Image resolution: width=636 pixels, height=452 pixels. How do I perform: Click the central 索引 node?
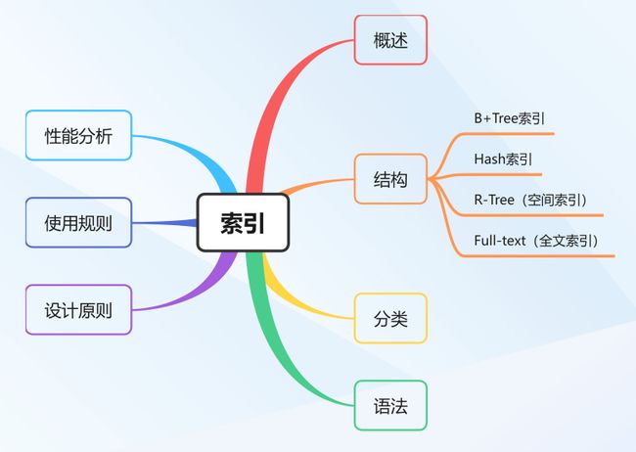coord(243,222)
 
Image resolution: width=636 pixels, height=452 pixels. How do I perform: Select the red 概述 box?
coord(390,40)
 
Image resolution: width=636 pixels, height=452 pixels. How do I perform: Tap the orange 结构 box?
coord(390,179)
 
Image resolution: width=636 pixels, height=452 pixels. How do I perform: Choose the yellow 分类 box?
coord(390,318)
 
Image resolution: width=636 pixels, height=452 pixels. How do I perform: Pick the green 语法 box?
coord(390,405)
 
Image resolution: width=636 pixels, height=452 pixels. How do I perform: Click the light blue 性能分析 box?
coord(78,135)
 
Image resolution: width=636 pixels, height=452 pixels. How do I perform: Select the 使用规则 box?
coord(78,222)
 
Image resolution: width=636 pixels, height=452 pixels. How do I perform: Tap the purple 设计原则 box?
coord(78,310)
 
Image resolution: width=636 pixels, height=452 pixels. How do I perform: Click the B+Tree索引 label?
coord(509,118)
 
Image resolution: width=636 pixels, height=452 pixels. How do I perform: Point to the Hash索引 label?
coord(503,159)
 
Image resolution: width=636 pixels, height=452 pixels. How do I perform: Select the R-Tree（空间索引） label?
coord(530,200)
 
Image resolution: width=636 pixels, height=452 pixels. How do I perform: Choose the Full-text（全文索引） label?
coord(536,241)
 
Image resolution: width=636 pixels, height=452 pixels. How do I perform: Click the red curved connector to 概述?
coord(280,89)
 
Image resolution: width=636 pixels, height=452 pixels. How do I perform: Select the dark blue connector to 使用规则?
coord(164,223)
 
